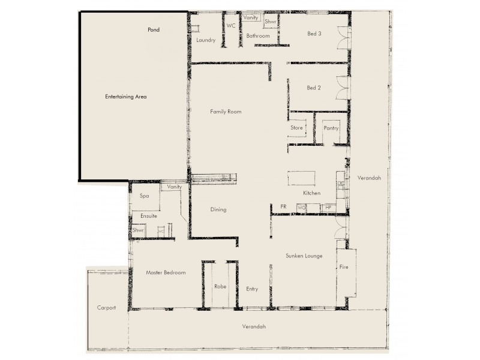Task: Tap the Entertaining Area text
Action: (x=126, y=97)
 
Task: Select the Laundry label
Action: (x=206, y=40)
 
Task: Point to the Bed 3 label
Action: (x=314, y=34)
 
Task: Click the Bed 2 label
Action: (x=314, y=88)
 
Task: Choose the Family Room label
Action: (x=225, y=112)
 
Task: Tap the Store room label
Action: (x=297, y=128)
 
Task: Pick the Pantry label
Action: (x=331, y=128)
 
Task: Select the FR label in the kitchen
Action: (x=283, y=206)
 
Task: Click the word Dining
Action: (x=218, y=209)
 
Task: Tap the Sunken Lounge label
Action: (x=303, y=256)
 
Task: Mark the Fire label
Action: (x=344, y=266)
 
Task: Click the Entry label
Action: (x=252, y=289)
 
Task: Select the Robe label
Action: (x=220, y=287)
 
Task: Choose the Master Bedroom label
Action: (x=166, y=272)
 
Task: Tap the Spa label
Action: (x=144, y=196)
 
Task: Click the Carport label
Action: (x=106, y=307)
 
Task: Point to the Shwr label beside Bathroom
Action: (x=270, y=21)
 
